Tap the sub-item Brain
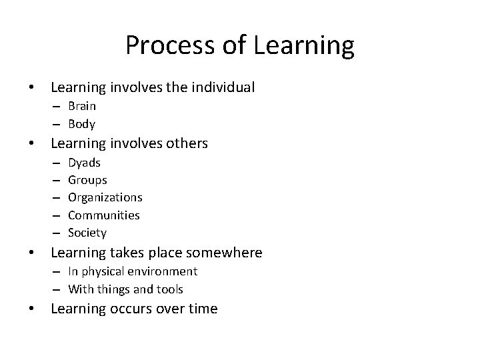pyautogui.click(x=81, y=106)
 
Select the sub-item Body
pyautogui.click(x=81, y=124)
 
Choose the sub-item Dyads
pyautogui.click(x=85, y=163)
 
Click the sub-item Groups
pyautogui.click(x=87, y=180)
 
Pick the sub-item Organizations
pyautogui.click(x=105, y=197)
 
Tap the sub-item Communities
pyautogui.click(x=103, y=215)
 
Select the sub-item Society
pyautogui.click(x=87, y=233)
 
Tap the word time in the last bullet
pyautogui.click(x=203, y=309)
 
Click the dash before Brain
pyautogui.click(x=57, y=106)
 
